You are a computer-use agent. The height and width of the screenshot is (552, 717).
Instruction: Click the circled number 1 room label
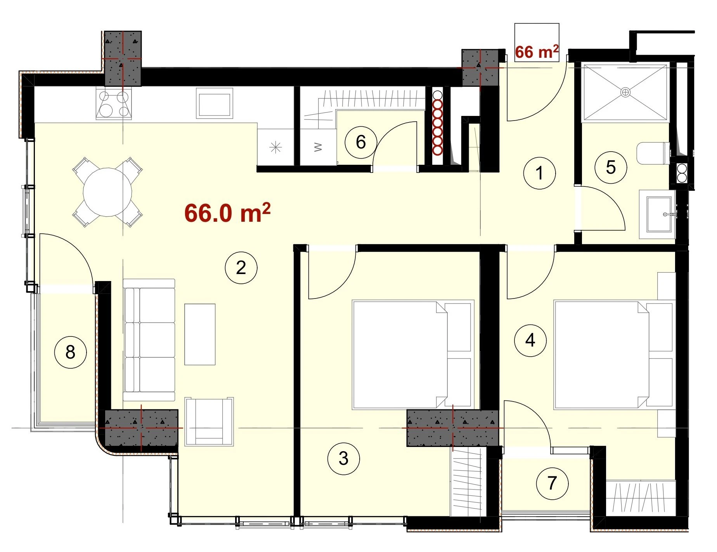pyautogui.click(x=539, y=173)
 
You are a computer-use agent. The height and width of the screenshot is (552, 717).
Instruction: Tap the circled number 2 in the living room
pyautogui.click(x=241, y=267)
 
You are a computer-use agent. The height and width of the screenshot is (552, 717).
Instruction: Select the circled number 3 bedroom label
pyautogui.click(x=343, y=459)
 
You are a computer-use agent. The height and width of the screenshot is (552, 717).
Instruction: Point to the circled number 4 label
pyautogui.click(x=530, y=340)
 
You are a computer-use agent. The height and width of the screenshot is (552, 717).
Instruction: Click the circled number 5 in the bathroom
pyautogui.click(x=611, y=167)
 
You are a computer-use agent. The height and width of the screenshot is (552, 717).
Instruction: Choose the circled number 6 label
pyautogui.click(x=361, y=142)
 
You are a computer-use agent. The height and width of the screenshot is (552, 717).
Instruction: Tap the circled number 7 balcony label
pyautogui.click(x=552, y=483)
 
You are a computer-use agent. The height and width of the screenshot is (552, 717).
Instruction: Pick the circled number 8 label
pyautogui.click(x=70, y=352)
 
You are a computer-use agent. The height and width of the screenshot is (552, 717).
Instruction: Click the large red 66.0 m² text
pyautogui.click(x=227, y=213)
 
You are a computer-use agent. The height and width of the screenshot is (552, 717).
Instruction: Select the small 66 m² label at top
pyautogui.click(x=537, y=52)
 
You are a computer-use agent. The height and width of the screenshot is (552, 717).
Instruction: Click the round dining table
pyautogui.click(x=107, y=192)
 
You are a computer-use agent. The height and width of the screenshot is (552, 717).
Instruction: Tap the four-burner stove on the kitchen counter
pyautogui.click(x=114, y=103)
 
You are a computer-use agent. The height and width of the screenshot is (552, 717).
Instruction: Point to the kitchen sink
pyautogui.click(x=215, y=103)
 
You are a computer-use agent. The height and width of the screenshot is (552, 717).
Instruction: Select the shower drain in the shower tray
pyautogui.click(x=625, y=92)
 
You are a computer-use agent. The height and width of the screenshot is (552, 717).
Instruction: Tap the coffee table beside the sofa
pyautogui.click(x=200, y=334)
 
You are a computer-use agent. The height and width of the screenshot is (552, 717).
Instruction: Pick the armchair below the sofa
pyautogui.click(x=209, y=421)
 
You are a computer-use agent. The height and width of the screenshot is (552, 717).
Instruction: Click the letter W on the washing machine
pyautogui.click(x=318, y=147)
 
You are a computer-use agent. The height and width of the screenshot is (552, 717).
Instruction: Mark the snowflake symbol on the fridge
pyautogui.click(x=275, y=148)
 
